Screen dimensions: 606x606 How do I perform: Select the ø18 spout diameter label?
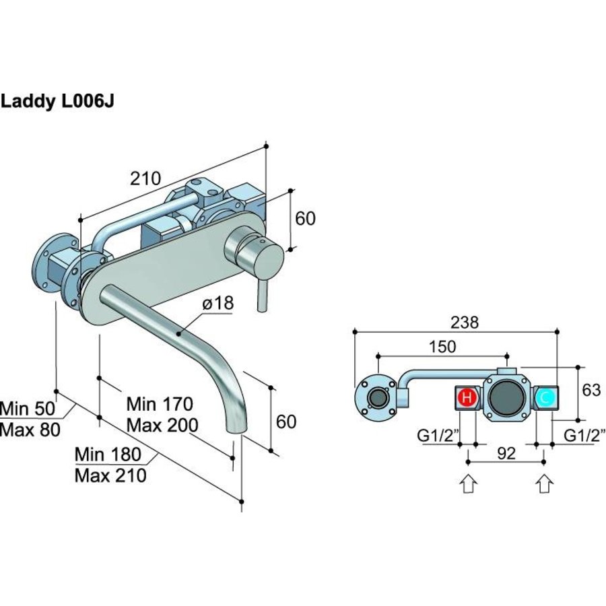click(x=217, y=304)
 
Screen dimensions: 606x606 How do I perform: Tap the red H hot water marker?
click(x=467, y=398)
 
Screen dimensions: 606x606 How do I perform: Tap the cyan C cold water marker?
click(x=545, y=398)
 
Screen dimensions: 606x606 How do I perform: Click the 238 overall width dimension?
click(x=465, y=323)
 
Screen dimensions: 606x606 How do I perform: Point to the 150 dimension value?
click(x=442, y=347)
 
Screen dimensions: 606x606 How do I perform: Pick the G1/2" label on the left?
click(x=436, y=436)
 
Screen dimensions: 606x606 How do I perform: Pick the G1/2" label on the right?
click(x=584, y=436)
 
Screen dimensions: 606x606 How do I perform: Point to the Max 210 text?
click(x=110, y=475)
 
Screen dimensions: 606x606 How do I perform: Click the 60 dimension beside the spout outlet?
click(x=286, y=422)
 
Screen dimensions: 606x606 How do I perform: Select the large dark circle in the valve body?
click(x=506, y=398)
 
